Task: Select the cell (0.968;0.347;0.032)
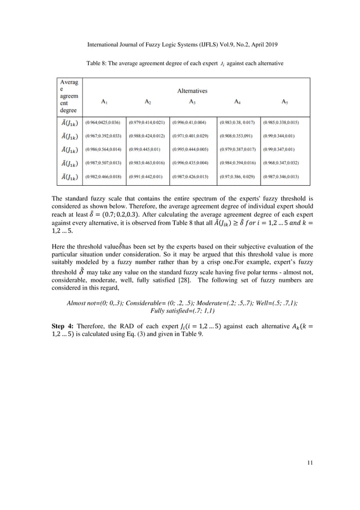[281, 163]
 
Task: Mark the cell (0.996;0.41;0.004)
[191, 123]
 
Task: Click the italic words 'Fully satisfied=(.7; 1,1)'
[180, 310]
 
